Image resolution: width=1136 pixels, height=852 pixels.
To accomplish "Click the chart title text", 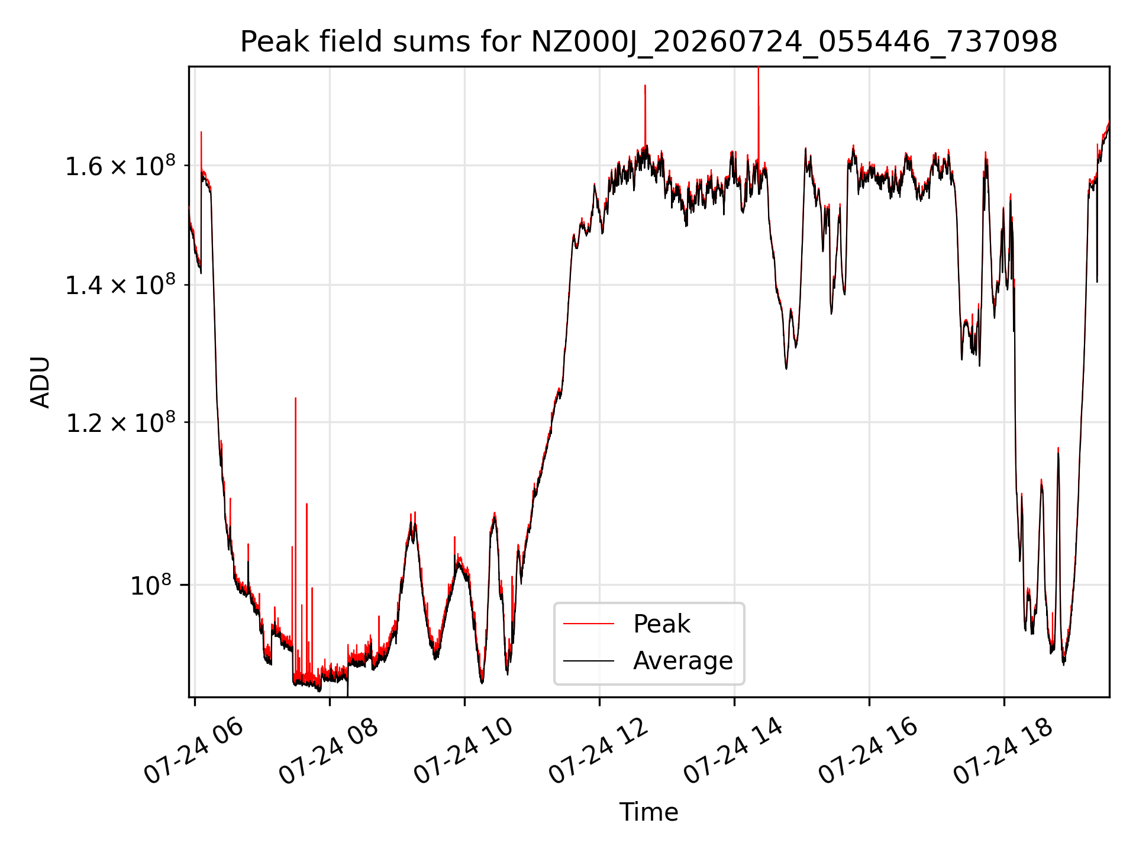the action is [648, 42].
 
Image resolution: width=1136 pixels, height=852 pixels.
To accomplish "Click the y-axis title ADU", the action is [40, 382].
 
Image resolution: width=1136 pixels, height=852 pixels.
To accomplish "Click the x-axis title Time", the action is [648, 812].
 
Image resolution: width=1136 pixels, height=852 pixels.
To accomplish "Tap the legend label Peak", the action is [661, 624].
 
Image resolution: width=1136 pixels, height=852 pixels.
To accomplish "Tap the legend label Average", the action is [683, 660].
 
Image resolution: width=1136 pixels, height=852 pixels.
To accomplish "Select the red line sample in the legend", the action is [589, 624].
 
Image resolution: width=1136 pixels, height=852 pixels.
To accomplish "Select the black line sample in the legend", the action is [589, 660].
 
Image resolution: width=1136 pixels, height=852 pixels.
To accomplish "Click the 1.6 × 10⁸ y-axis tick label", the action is [120, 166].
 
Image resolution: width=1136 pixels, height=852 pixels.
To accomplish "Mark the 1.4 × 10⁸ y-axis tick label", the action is [120, 285].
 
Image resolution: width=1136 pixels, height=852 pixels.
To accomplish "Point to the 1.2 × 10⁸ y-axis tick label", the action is [120, 422].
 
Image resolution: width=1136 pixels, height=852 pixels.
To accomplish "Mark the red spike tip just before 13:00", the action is [645, 85].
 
